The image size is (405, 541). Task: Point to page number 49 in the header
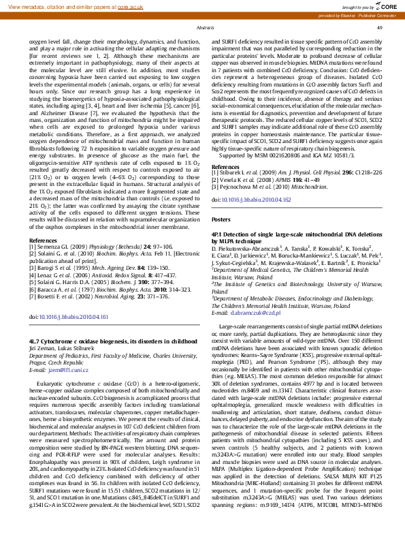379,27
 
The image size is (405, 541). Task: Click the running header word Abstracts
206,27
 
